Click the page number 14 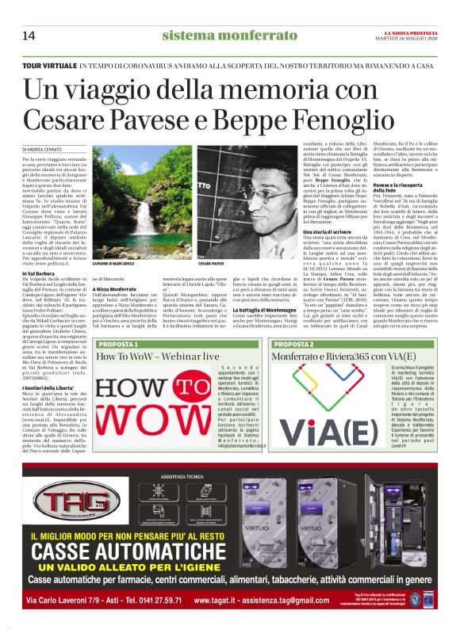click(x=29, y=35)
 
